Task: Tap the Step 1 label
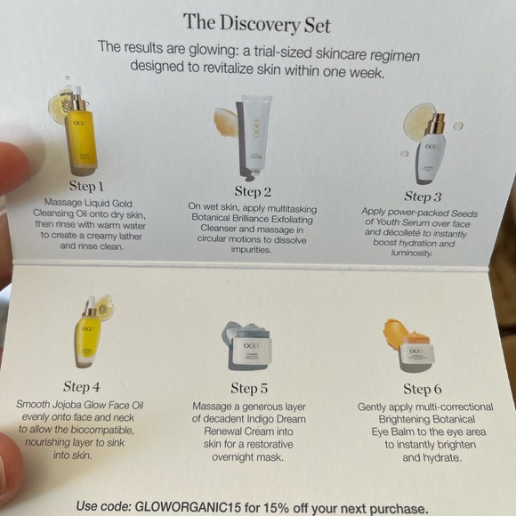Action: pos(86,187)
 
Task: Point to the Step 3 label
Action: pos(423,196)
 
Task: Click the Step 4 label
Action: pos(82,387)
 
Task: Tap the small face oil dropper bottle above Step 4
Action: pos(87,334)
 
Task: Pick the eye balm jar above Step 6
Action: pos(416,353)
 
